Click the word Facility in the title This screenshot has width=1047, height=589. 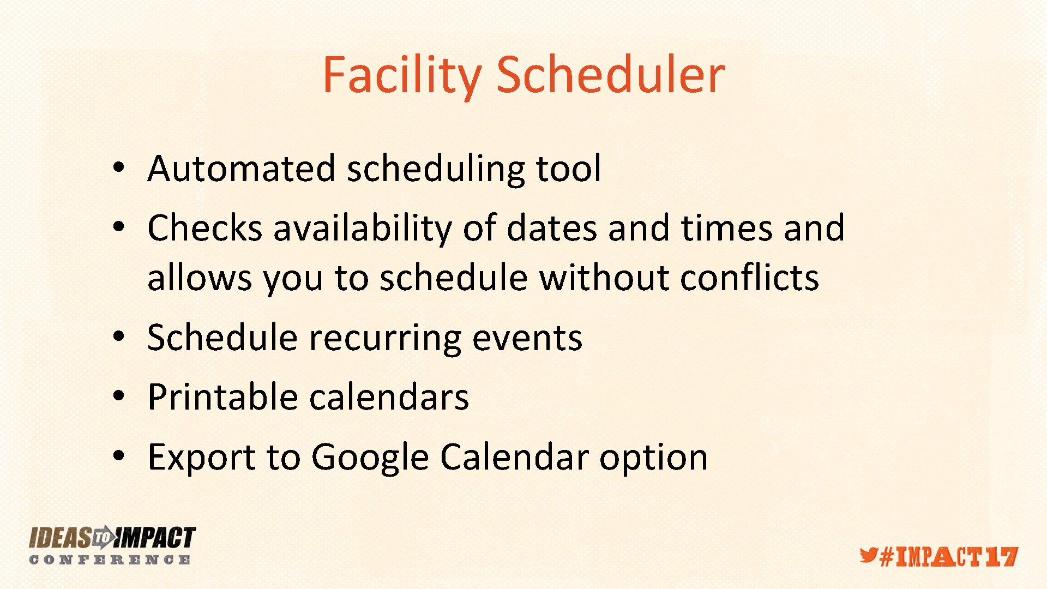(x=401, y=75)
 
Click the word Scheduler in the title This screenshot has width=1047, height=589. (x=610, y=75)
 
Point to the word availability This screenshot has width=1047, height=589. (x=362, y=228)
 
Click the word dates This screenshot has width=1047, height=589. (x=552, y=228)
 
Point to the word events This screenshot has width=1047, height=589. (x=527, y=338)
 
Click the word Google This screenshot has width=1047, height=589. (x=370, y=458)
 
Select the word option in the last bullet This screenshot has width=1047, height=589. (x=653, y=458)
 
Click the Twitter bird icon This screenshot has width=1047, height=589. (x=868, y=555)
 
